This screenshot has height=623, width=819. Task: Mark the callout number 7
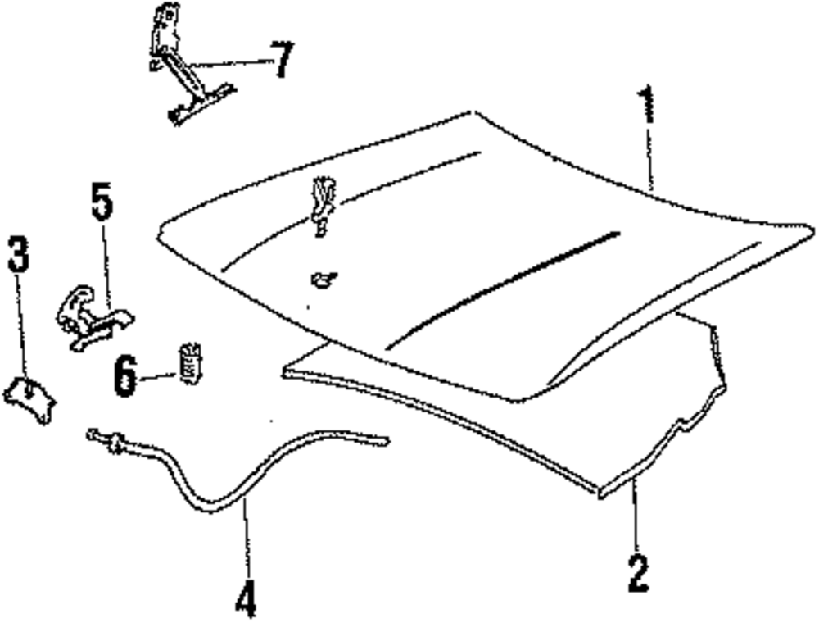click(281, 61)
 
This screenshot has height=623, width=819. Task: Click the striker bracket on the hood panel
click(322, 205)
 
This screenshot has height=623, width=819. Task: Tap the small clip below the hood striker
click(324, 280)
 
